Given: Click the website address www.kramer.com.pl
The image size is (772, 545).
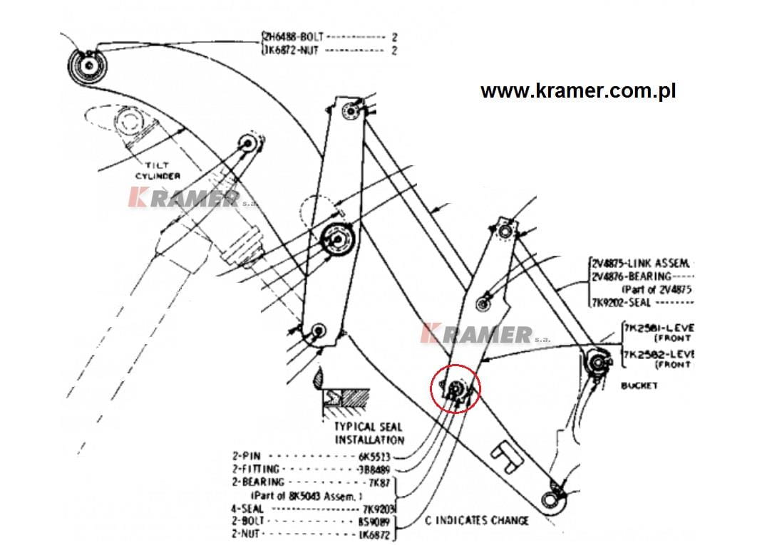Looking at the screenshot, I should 577,91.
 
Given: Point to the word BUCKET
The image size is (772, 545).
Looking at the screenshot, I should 639,385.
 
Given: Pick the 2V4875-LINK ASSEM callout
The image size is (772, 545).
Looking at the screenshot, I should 642,263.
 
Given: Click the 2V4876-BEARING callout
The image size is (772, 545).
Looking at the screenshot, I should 632,276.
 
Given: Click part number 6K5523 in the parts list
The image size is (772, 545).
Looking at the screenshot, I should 375,456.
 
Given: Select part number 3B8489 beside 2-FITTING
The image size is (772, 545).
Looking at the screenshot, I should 376,469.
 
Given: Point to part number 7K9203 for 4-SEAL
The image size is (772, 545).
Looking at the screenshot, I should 379,509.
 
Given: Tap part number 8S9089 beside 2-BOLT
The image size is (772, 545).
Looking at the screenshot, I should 376,521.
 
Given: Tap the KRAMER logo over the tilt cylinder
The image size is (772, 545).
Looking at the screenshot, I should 184,199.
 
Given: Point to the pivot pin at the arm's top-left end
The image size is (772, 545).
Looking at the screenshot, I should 89,66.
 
